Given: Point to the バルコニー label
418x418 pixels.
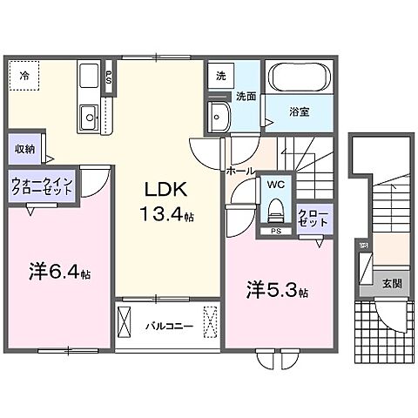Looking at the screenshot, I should [x=163, y=327].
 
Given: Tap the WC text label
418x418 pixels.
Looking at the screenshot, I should [x=275, y=185].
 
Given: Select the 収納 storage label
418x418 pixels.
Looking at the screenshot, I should [x=24, y=149].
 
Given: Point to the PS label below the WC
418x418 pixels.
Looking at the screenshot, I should [x=275, y=232].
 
